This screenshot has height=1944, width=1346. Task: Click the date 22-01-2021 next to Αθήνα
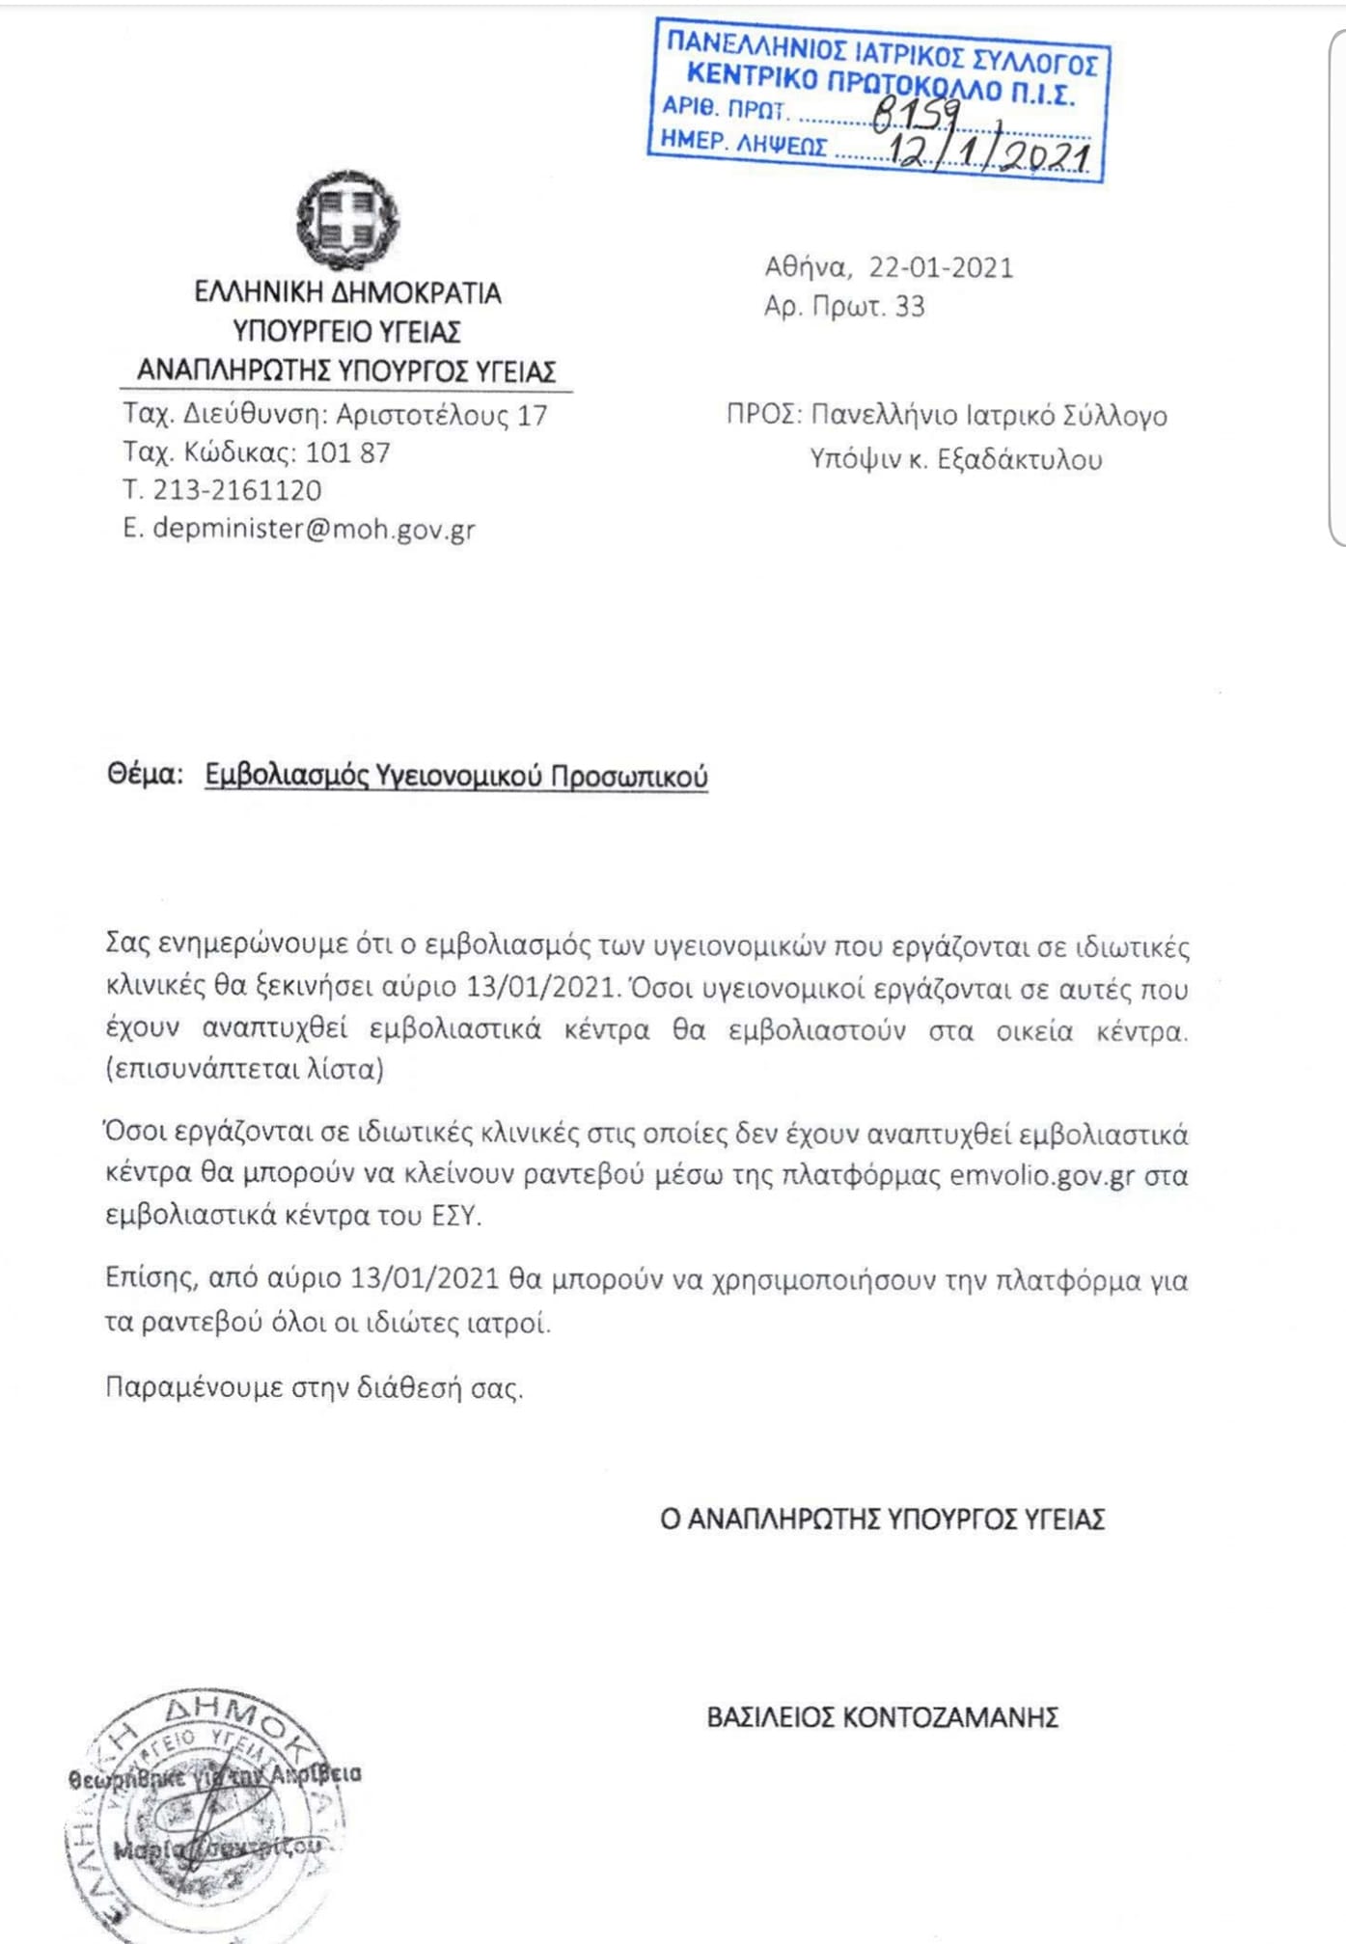pyautogui.click(x=941, y=267)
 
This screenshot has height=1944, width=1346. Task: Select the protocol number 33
pyautogui.click(x=910, y=307)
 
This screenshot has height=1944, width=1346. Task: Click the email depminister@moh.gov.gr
pyautogui.click(x=314, y=529)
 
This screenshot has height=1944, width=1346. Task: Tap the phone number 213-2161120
pyautogui.click(x=237, y=490)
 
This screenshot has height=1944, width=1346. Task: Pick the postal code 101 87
pyautogui.click(x=347, y=452)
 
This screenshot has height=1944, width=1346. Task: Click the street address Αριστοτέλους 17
pyautogui.click(x=441, y=415)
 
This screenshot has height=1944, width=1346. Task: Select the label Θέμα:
pyautogui.click(x=145, y=775)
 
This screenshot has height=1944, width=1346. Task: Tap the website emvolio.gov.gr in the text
pyautogui.click(x=1041, y=1176)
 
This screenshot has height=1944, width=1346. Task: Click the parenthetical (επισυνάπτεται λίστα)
pyautogui.click(x=245, y=1070)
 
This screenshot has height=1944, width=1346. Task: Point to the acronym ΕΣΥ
pyautogui.click(x=453, y=1216)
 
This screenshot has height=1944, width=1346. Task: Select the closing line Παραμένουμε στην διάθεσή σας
pyautogui.click(x=314, y=1387)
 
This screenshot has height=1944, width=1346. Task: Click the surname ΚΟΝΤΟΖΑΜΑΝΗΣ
pyautogui.click(x=950, y=1717)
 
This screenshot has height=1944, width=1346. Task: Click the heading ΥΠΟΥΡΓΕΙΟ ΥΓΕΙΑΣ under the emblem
pyautogui.click(x=347, y=332)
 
